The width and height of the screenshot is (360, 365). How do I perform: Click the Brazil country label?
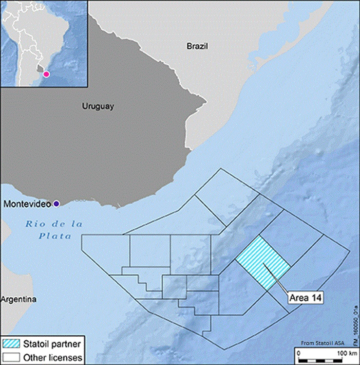click(x=197, y=46)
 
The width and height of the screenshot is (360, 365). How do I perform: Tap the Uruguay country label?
click(x=98, y=106)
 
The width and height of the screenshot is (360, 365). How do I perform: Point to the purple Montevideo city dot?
click(x=57, y=203)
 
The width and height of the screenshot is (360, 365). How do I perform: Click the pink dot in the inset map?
click(x=46, y=74)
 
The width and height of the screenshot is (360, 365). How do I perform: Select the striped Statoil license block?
click(x=264, y=263)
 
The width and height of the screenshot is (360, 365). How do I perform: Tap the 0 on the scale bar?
click(x=301, y=352)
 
